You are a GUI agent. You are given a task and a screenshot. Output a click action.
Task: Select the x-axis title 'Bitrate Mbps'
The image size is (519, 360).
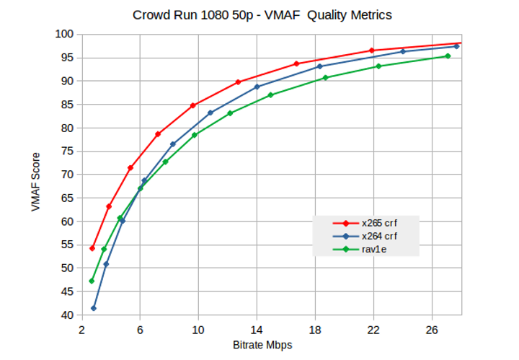[262, 345]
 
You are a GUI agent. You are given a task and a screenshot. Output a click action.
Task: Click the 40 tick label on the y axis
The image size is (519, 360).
[67, 315]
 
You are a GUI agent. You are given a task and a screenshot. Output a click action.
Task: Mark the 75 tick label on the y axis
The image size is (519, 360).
[67, 151]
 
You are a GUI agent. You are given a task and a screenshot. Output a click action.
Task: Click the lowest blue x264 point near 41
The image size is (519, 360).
[94, 308]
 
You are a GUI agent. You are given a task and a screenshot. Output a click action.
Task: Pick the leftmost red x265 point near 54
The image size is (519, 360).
[92, 248]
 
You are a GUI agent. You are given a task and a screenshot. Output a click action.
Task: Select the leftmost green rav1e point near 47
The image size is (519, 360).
[92, 281]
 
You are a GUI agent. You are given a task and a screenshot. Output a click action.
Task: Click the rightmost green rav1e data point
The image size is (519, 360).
[448, 56]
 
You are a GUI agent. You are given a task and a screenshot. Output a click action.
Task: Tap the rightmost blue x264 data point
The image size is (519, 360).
[456, 46]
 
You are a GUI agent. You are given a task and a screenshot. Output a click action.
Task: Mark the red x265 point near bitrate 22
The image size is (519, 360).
[372, 51]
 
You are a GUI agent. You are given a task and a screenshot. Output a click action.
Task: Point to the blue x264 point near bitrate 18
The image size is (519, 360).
[320, 66]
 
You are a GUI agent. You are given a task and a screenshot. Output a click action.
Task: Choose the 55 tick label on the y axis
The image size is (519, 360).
[67, 245]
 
